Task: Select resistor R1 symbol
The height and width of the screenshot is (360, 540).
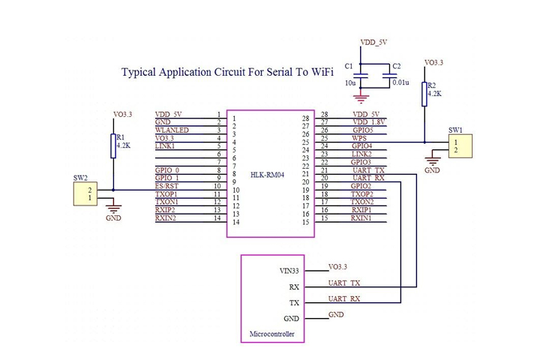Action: [113, 146]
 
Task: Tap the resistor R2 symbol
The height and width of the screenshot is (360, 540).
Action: [424, 94]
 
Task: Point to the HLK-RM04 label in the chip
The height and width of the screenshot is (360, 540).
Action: [267, 175]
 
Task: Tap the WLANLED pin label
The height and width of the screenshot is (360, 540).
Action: [172, 130]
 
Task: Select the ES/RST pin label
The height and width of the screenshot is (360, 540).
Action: [166, 185]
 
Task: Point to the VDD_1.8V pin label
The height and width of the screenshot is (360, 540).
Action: [369, 122]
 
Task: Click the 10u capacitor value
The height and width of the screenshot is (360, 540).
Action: [349, 83]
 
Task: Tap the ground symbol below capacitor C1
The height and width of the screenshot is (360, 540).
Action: [361, 97]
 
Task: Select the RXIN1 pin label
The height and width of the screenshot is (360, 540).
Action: [362, 218]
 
